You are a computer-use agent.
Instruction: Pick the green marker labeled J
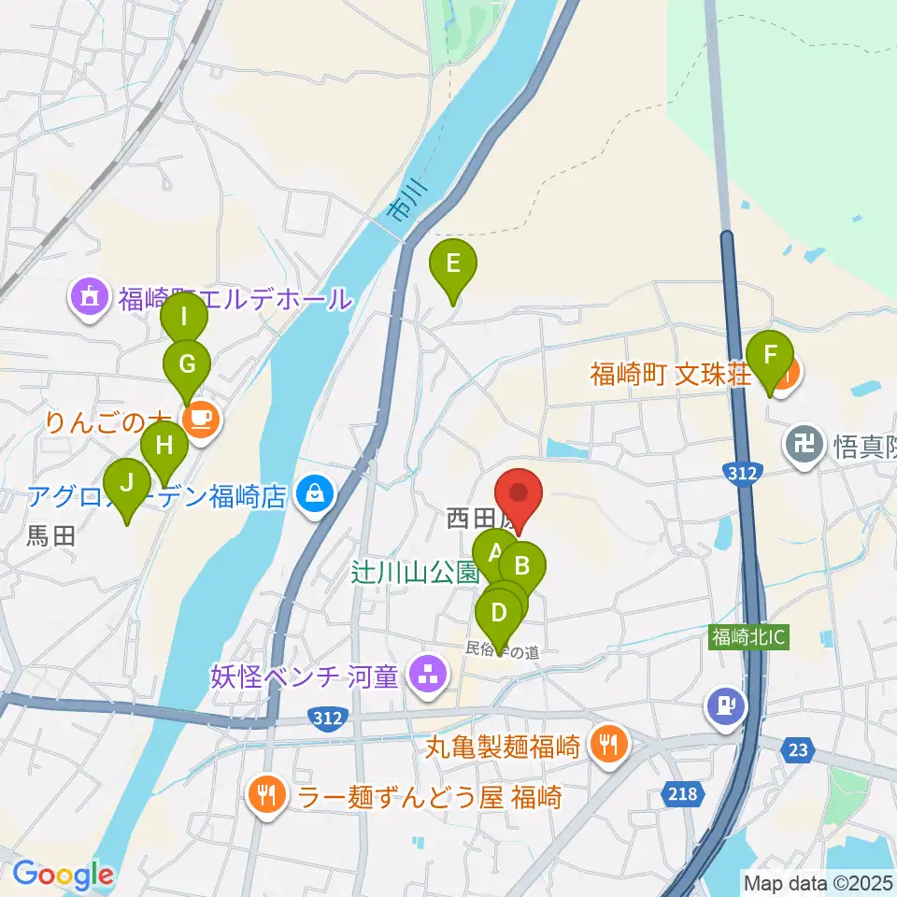point(125,487)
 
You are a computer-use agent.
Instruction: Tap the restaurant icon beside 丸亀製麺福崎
point(609,745)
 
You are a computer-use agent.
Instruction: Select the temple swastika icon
point(805,441)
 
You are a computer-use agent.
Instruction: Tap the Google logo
point(63,876)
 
